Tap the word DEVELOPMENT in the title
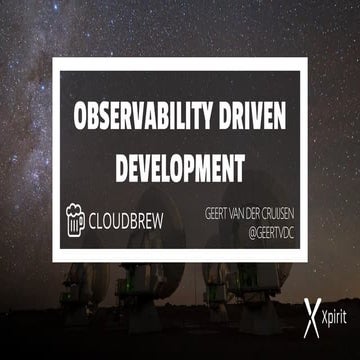pos(180,166)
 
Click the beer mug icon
pos(76,216)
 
